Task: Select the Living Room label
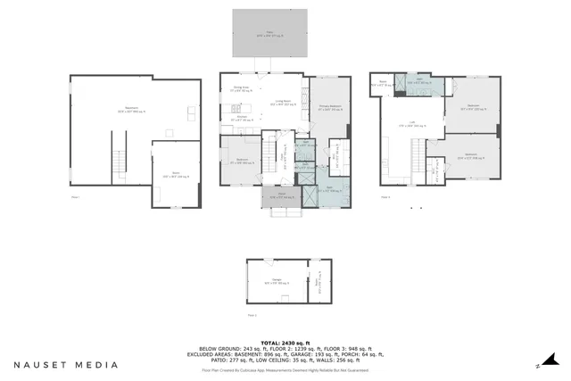pyautogui.click(x=285, y=104)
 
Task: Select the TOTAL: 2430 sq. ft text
pyautogui.click(x=285, y=343)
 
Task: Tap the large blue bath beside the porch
pyautogui.click(x=328, y=190)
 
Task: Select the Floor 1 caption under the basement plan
pyautogui.click(x=76, y=197)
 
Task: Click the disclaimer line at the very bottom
pyautogui.click(x=285, y=370)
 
